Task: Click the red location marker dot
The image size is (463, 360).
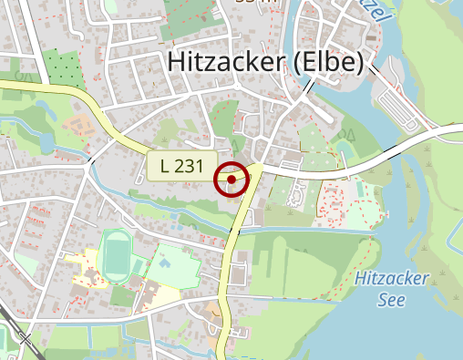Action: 231,180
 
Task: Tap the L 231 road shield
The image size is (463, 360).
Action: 177,166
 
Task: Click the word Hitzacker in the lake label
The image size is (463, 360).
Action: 392,279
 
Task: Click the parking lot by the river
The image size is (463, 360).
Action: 399,109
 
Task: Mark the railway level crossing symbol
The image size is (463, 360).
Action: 25,340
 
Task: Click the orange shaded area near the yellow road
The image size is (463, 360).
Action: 78,124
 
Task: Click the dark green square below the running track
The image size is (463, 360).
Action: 122,296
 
